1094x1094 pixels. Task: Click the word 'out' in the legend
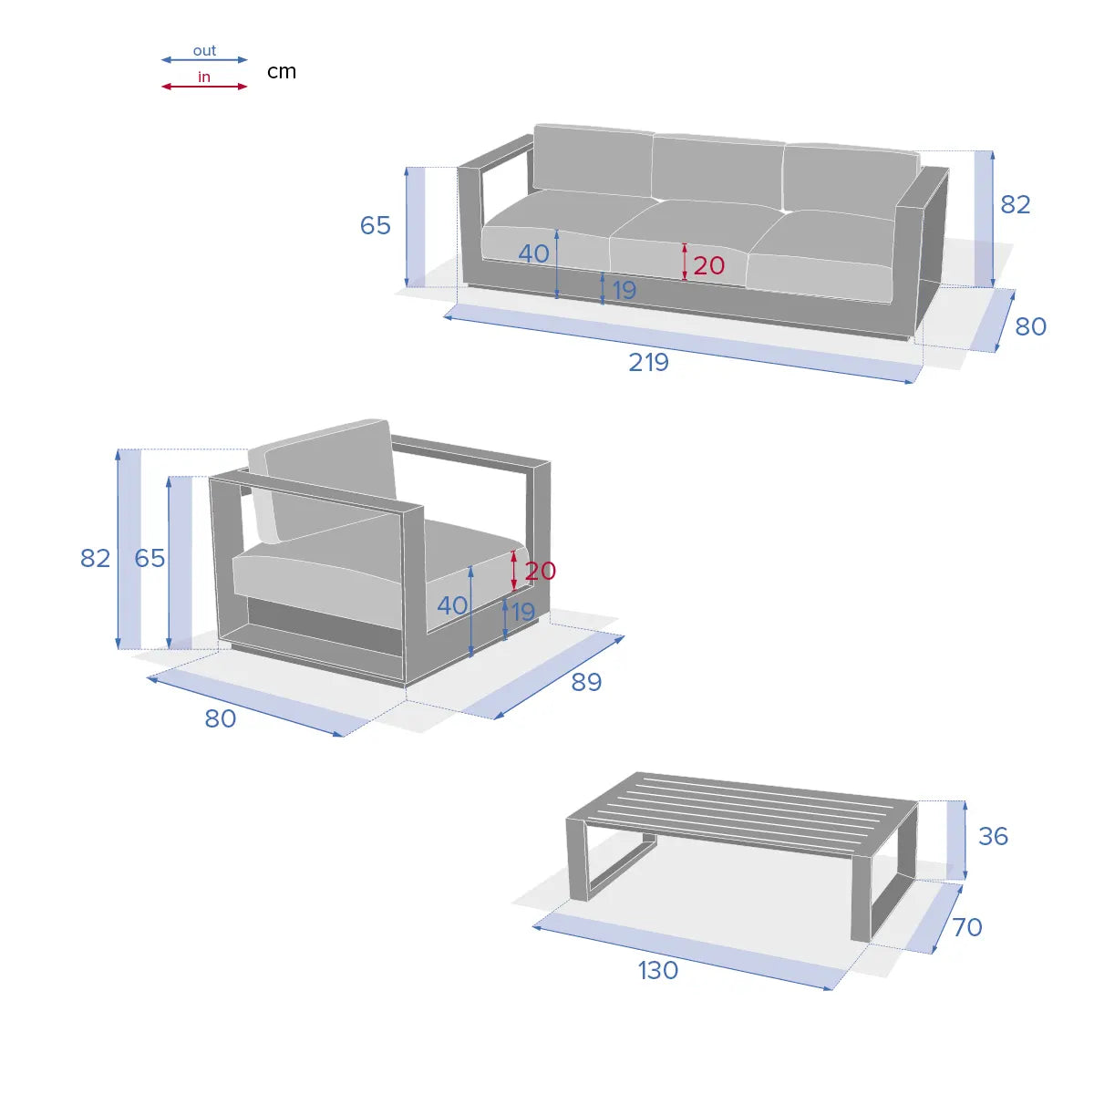click(204, 51)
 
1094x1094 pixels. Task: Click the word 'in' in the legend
click(204, 77)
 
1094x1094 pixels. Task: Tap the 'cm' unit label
click(282, 71)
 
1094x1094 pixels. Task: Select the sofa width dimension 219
click(648, 362)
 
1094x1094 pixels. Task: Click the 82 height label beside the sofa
click(1015, 204)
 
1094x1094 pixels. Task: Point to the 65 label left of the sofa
click(376, 225)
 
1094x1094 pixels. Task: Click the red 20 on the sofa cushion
click(709, 265)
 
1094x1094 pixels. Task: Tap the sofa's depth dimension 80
click(1030, 326)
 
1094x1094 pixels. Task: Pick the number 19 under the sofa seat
click(624, 290)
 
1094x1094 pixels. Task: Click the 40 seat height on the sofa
click(533, 253)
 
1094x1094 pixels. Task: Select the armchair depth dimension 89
click(586, 682)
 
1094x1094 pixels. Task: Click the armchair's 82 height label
click(96, 558)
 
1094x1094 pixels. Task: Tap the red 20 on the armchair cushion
click(541, 571)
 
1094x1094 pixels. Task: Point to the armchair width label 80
click(221, 718)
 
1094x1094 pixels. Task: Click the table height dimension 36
click(993, 836)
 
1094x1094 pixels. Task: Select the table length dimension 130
click(658, 970)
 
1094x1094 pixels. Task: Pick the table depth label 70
click(967, 927)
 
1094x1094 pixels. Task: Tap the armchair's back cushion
click(329, 481)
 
